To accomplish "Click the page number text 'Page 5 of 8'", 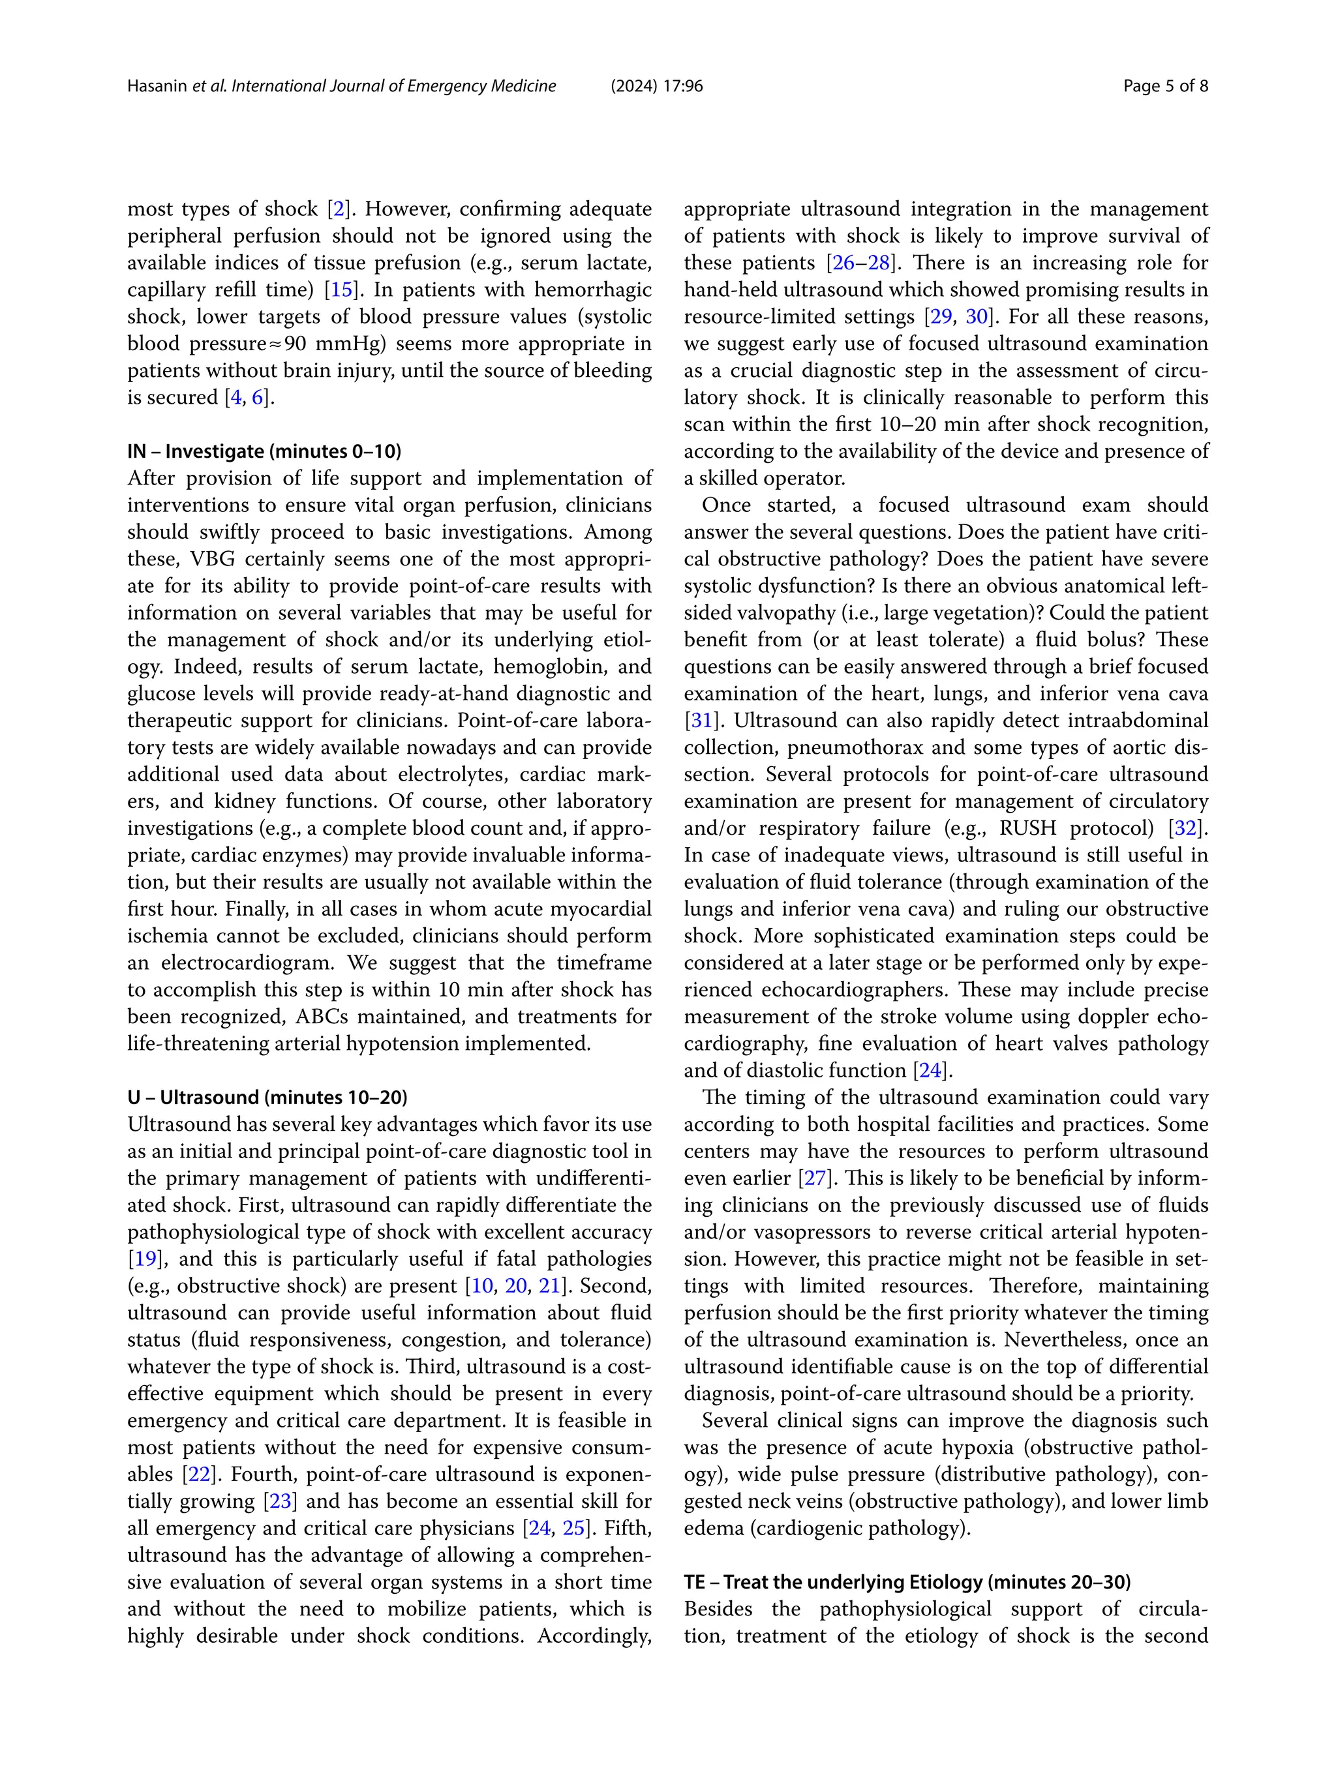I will click(x=1164, y=86).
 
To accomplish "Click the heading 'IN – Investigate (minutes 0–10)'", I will click(x=264, y=451).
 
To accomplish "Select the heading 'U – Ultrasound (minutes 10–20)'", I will click(x=267, y=1098).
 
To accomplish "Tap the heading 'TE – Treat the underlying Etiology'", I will click(x=907, y=1582).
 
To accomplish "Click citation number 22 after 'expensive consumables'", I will click(x=198, y=1474).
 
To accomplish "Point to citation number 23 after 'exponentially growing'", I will click(x=281, y=1502).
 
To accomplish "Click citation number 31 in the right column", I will click(x=702, y=721).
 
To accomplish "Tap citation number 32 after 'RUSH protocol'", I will click(x=1186, y=828).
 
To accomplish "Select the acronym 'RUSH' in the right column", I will click(x=1027, y=828).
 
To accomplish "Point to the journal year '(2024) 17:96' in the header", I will click(x=656, y=86).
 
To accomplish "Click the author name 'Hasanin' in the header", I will click(x=157, y=86).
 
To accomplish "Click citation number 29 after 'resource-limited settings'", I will click(x=940, y=316).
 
